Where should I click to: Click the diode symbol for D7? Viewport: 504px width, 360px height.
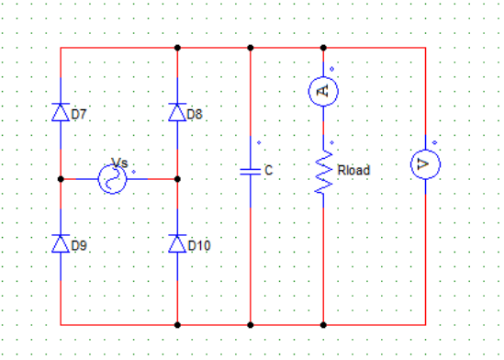click(61, 112)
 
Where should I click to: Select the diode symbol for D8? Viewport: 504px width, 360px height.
click(177, 112)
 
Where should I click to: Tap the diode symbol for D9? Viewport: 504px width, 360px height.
click(61, 243)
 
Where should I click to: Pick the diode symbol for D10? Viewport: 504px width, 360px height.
click(177, 243)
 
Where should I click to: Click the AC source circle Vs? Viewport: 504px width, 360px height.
click(113, 179)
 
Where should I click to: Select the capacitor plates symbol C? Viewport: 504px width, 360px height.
click(251, 172)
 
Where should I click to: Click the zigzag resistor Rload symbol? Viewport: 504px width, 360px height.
click(324, 172)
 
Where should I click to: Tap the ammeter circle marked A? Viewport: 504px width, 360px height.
click(323, 91)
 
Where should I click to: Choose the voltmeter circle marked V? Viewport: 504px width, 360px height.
click(426, 164)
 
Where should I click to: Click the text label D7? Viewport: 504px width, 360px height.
click(79, 114)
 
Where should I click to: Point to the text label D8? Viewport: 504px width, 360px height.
click(195, 114)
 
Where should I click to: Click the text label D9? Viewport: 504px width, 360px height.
click(79, 245)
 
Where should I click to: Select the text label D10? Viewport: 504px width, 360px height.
click(199, 245)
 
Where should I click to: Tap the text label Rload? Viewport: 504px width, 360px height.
click(353, 170)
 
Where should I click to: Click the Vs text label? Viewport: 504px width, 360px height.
click(119, 163)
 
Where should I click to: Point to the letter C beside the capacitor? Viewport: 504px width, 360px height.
click(269, 170)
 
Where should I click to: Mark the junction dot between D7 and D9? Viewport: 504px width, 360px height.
click(61, 179)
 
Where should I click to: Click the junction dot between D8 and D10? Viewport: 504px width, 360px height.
click(177, 179)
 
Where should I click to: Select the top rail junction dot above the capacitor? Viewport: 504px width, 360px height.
click(251, 48)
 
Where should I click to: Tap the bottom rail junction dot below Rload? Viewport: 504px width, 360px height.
click(323, 325)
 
